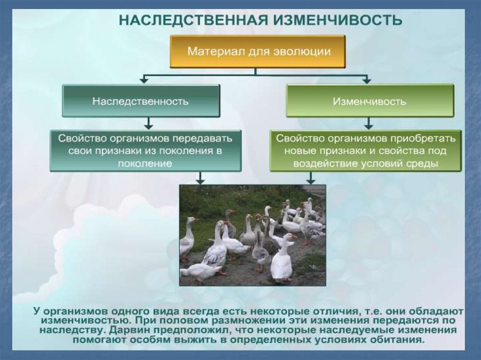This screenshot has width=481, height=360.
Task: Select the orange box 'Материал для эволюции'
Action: coord(257,51)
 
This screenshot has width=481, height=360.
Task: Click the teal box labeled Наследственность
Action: coord(141,101)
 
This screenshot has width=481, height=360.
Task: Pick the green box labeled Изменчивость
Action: coord(370,101)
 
